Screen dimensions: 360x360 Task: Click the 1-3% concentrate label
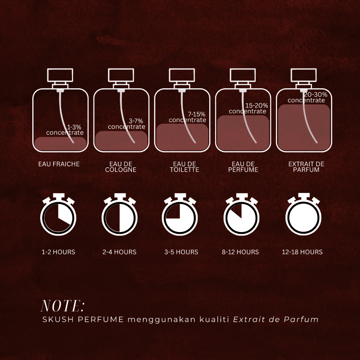click(65, 130)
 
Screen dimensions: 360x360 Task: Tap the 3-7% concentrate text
click(127, 124)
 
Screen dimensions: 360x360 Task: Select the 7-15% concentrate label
click(187, 117)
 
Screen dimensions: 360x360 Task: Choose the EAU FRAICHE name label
click(59, 164)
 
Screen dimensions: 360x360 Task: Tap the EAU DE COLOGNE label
click(121, 167)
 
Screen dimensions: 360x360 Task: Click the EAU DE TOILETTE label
click(184, 167)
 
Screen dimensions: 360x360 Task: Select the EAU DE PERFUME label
click(243, 167)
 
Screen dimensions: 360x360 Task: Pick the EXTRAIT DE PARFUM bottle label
click(306, 167)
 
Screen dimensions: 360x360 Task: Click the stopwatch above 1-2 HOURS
click(58, 214)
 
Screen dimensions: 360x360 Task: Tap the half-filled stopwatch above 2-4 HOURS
click(120, 214)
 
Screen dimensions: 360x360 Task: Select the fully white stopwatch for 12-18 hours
click(303, 214)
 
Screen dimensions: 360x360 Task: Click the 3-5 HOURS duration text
click(181, 252)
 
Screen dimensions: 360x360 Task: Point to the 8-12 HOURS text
click(240, 252)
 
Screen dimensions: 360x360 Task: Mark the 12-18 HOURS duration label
click(302, 252)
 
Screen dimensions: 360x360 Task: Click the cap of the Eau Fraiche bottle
click(60, 75)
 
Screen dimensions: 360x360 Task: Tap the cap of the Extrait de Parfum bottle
click(303, 75)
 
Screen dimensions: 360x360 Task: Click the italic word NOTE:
click(63, 306)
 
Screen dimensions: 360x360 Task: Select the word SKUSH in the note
click(58, 319)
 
